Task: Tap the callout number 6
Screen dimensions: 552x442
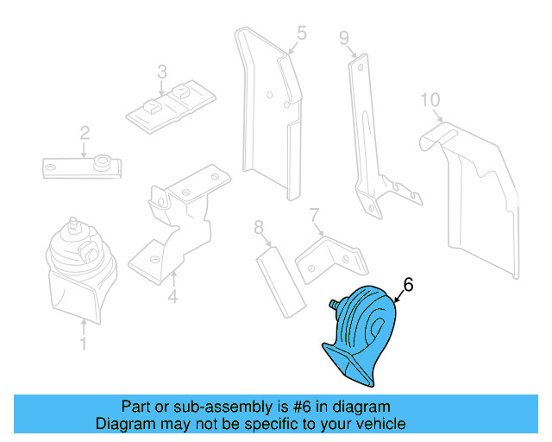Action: [408, 285]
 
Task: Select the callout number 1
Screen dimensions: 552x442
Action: [84, 344]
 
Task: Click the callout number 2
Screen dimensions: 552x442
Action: [85, 134]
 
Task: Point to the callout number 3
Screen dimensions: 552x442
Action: [162, 72]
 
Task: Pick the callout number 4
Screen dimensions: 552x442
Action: [172, 296]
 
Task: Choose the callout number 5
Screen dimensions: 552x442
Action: [302, 33]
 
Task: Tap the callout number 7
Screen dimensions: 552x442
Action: [314, 215]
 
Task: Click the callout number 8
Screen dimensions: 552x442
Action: [259, 227]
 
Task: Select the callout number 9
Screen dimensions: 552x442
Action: [344, 38]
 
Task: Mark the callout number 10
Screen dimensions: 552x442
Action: [430, 100]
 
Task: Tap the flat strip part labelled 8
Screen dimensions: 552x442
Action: [280, 282]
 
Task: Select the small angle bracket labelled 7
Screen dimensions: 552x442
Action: [331, 259]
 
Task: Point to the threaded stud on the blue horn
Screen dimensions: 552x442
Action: [335, 304]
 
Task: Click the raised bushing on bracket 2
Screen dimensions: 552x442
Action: [102, 161]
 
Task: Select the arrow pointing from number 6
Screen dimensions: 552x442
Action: [399, 296]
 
